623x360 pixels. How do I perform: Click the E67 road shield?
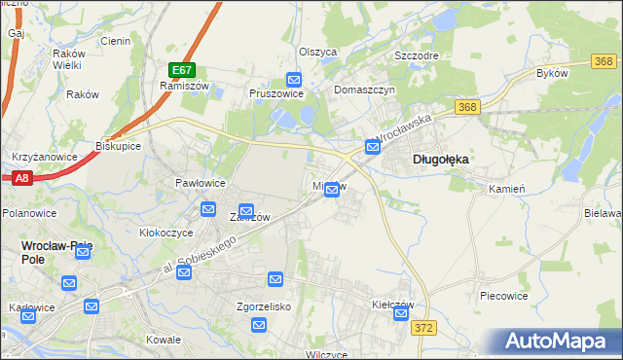pyautogui.click(x=182, y=70)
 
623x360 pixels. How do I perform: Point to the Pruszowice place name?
pyautogui.click(x=277, y=94)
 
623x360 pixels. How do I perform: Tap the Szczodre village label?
pyautogui.click(x=415, y=55)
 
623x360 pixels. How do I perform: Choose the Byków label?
pyautogui.click(x=552, y=73)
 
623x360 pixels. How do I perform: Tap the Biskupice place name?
pyautogui.click(x=119, y=146)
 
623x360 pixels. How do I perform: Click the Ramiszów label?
pyautogui.click(x=179, y=86)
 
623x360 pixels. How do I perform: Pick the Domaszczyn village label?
pyautogui.click(x=364, y=89)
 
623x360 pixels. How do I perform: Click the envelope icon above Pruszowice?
pyautogui.click(x=294, y=80)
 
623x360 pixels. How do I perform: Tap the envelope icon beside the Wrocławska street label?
pyautogui.click(x=373, y=147)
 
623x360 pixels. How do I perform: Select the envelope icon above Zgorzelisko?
pyautogui.click(x=275, y=280)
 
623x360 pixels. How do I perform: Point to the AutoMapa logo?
pyautogui.click(x=557, y=342)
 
